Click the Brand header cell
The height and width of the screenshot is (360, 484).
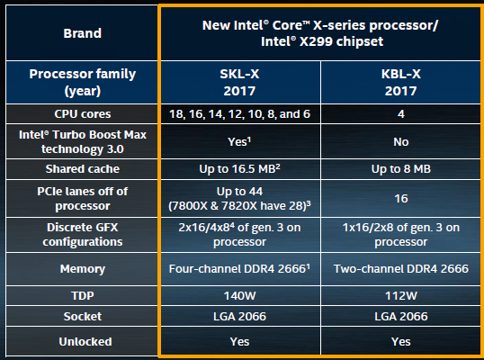coord(82,33)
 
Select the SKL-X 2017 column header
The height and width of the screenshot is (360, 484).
coord(240,83)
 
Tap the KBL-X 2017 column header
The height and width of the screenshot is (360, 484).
coord(400,83)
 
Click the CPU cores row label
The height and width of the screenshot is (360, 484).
coord(82,114)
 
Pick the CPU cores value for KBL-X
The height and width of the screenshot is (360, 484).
coord(400,114)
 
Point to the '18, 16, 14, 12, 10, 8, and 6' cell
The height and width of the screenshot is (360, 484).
coord(240,114)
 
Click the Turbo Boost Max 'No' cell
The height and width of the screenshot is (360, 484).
coord(400,141)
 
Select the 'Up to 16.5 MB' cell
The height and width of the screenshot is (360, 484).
coord(240,169)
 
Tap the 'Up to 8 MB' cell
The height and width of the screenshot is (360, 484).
coord(400,169)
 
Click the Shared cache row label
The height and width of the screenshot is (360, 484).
coord(82,169)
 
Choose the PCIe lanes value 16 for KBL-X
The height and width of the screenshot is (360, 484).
coord(400,199)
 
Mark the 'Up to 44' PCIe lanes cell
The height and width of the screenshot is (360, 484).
coord(240,199)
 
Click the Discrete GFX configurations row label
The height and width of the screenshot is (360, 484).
coord(82,235)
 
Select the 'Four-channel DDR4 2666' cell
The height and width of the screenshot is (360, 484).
coord(240,269)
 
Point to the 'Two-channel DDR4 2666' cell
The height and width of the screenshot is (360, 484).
coord(400,269)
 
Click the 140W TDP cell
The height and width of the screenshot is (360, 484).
coord(240,296)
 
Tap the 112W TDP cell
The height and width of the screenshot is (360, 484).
coord(400,296)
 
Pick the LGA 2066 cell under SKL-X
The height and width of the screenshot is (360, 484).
coord(240,317)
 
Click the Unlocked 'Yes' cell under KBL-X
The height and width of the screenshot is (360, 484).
coord(400,341)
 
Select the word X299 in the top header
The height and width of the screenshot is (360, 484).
coord(316,41)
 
